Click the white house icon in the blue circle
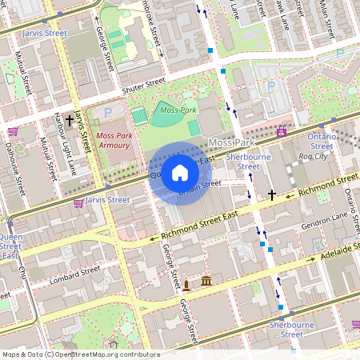pyautogui.click(x=180, y=173)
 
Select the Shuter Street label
pyautogui.click(x=144, y=83)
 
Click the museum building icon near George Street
pyautogui.click(x=206, y=282)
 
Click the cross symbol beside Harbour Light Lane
pyautogui.click(x=70, y=122)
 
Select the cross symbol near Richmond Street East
pyautogui.click(x=272, y=194)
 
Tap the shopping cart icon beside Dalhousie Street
pyautogui.click(x=13, y=131)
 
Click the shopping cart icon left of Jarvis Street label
pyautogui.click(x=78, y=203)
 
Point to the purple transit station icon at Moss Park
pyautogui.click(x=282, y=132)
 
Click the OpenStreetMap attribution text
pyautogui.click(x=80, y=354)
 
